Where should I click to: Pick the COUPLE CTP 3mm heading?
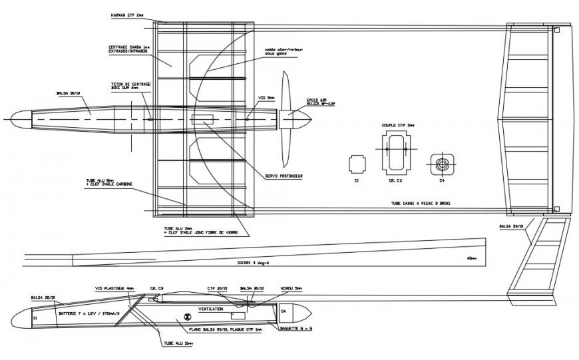(x=397, y=124)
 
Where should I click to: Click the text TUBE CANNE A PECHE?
(x=419, y=204)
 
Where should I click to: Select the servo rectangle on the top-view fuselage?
(x=202, y=120)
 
